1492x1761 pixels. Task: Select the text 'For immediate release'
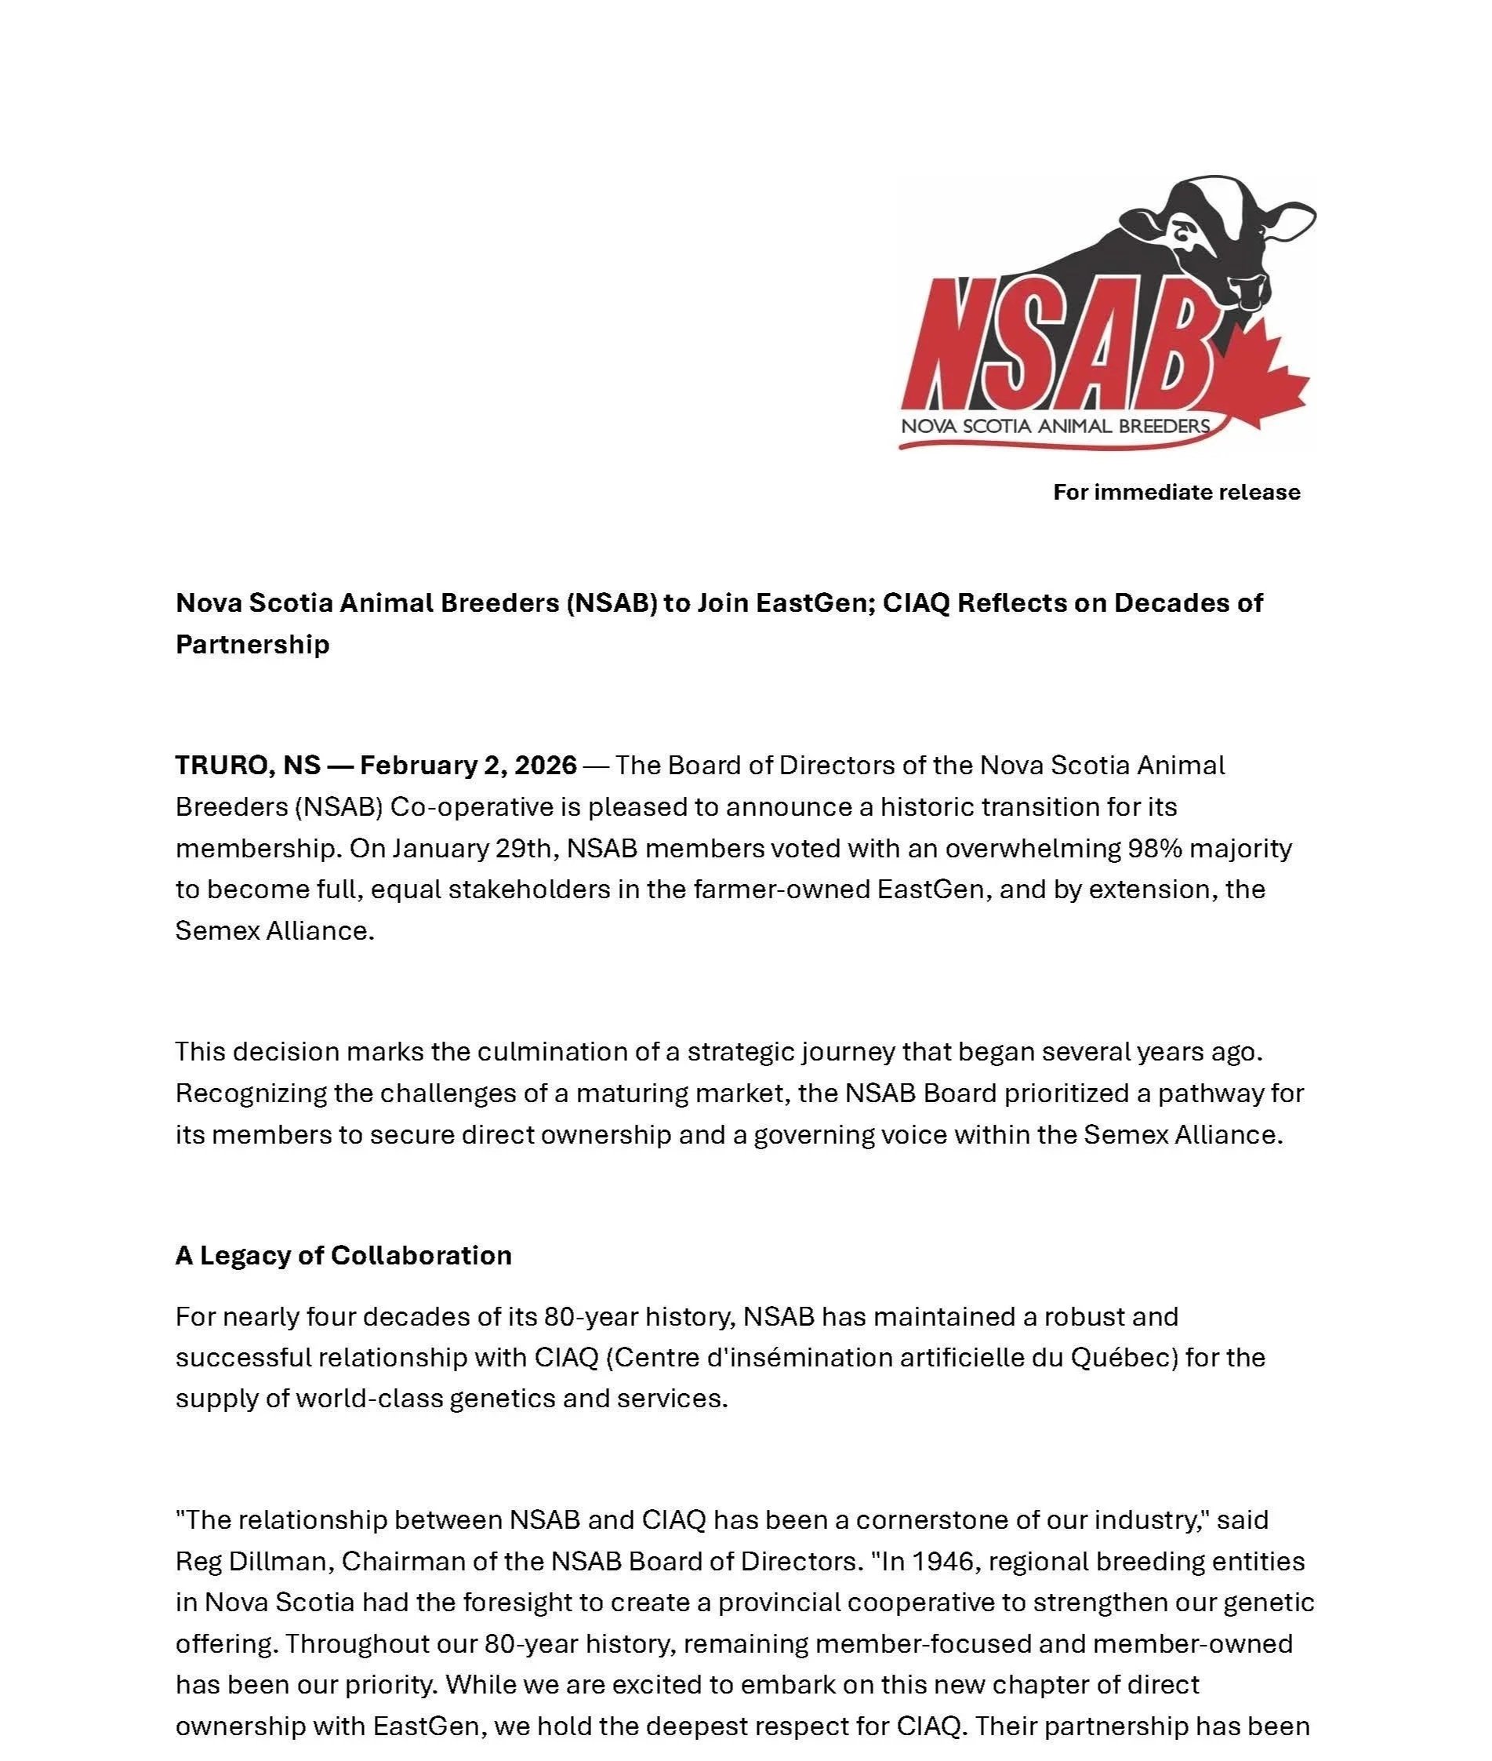pos(1176,492)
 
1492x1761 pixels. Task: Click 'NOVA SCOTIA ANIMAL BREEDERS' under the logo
pos(1055,426)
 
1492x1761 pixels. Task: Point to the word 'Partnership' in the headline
pos(252,644)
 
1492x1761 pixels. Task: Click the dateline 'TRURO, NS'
pos(247,765)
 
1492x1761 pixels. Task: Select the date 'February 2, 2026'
pos(468,765)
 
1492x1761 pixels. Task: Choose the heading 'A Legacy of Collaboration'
pos(343,1255)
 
